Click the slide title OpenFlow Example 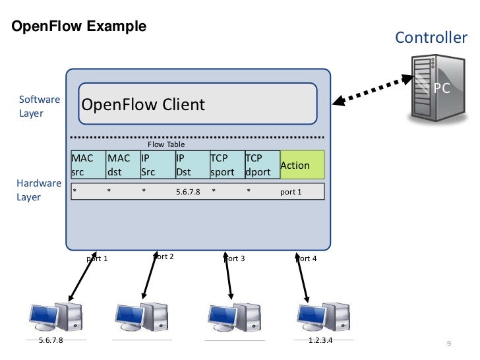tap(76, 27)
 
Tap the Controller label tap(431, 38)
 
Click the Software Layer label tap(39, 106)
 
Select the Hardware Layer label tap(38, 190)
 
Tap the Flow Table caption tap(166, 144)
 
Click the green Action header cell tap(302, 165)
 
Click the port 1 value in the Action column tap(291, 192)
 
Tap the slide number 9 tap(448, 344)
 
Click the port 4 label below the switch tap(306, 258)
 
